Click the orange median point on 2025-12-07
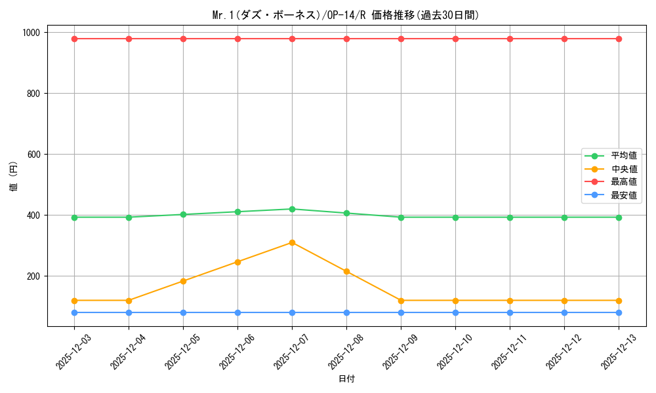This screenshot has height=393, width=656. (x=292, y=242)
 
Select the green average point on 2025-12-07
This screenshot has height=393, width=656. (x=292, y=209)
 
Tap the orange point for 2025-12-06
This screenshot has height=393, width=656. (x=237, y=262)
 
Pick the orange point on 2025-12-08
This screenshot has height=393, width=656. (x=346, y=271)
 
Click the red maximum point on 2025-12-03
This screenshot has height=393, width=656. (x=74, y=39)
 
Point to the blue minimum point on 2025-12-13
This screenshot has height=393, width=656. (x=619, y=312)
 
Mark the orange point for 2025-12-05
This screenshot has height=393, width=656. (x=183, y=281)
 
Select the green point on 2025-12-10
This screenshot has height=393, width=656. (x=455, y=217)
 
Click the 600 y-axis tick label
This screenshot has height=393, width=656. (x=33, y=155)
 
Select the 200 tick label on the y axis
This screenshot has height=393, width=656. (x=33, y=276)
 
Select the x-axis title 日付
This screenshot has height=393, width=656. (x=346, y=379)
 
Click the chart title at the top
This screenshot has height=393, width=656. (x=346, y=15)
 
